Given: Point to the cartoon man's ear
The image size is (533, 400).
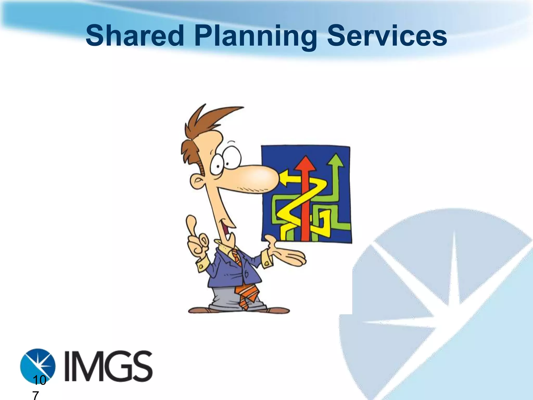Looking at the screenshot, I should point(197,182).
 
